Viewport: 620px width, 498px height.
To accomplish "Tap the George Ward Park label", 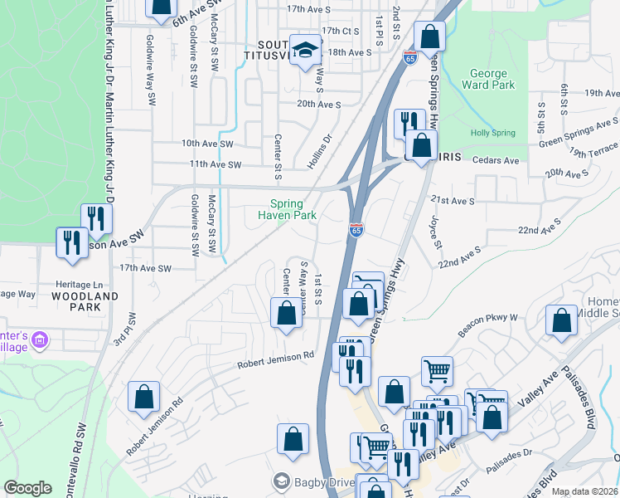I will pyautogui.click(x=493, y=79).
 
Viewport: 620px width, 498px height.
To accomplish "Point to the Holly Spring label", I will pyautogui.click(x=493, y=133).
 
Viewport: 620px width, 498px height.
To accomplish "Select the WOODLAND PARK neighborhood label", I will pyautogui.click(x=85, y=301).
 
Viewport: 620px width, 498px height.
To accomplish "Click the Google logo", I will pyautogui.click(x=27, y=488).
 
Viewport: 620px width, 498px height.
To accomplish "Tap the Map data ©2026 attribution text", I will pyautogui.click(x=585, y=491).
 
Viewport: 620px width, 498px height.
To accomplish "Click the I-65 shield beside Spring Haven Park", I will pyautogui.click(x=356, y=229).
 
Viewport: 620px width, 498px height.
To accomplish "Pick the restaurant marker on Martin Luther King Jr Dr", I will pyautogui.click(x=96, y=218).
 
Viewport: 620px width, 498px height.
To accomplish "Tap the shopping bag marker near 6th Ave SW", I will pyautogui.click(x=161, y=5).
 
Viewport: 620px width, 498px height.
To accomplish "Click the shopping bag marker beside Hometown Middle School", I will pyautogui.click(x=561, y=320).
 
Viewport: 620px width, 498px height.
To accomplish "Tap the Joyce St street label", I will pyautogui.click(x=434, y=229).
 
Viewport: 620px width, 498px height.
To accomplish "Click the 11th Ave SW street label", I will pyautogui.click(x=215, y=165).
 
